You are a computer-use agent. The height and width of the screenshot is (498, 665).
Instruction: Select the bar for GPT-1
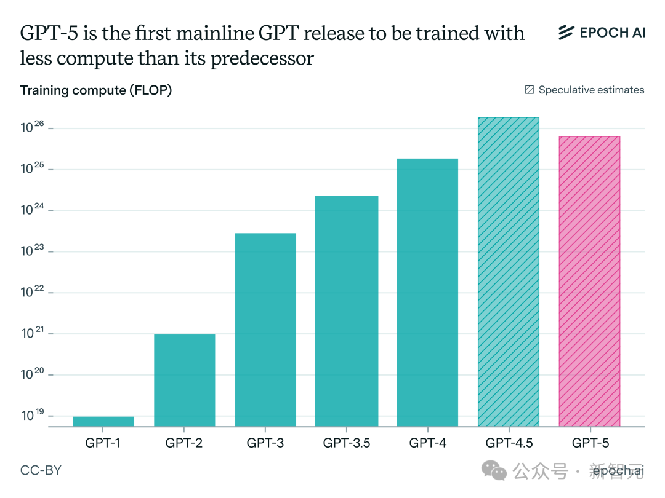(x=103, y=421)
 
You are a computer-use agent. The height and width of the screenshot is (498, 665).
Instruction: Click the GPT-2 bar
(x=184, y=380)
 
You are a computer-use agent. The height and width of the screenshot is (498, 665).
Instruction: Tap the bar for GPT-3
(x=265, y=330)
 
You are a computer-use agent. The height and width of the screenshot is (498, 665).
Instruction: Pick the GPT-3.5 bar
(x=346, y=311)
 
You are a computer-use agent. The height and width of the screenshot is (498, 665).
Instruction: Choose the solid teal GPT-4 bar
(x=427, y=293)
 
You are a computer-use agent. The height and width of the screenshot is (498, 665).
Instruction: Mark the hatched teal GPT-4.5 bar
(x=508, y=272)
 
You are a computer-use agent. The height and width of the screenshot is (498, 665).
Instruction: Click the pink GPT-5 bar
(x=589, y=282)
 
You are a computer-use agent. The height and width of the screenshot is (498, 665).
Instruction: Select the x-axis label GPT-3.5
(x=347, y=443)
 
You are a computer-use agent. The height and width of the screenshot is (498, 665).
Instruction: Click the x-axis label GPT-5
(x=590, y=443)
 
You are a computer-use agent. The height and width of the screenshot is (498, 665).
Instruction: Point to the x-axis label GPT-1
(x=103, y=443)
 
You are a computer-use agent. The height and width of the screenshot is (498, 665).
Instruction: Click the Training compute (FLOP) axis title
(x=96, y=90)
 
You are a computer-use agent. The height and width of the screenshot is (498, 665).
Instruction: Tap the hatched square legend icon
(x=529, y=90)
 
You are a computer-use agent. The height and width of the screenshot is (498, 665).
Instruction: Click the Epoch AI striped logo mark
(x=566, y=33)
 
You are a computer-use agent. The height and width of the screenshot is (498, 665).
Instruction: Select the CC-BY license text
(x=41, y=471)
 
